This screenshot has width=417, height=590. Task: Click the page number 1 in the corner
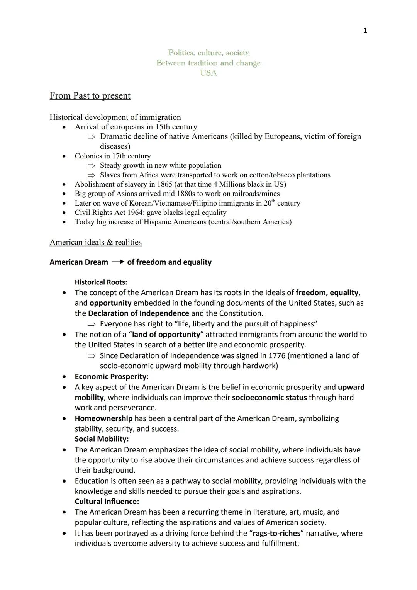(x=365, y=31)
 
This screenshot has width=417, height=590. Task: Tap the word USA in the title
(x=208, y=73)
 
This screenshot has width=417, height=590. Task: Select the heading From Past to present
(x=90, y=95)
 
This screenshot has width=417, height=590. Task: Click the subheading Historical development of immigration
(x=115, y=117)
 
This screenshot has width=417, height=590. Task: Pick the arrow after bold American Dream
(x=118, y=262)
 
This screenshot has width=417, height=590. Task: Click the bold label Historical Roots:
(x=101, y=282)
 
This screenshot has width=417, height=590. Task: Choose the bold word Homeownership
(x=103, y=418)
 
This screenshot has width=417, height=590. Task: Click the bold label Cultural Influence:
(x=107, y=502)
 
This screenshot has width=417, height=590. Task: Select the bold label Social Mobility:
(x=102, y=439)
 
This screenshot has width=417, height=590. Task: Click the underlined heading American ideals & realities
(x=95, y=242)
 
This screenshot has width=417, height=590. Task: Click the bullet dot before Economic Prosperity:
(x=64, y=377)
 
